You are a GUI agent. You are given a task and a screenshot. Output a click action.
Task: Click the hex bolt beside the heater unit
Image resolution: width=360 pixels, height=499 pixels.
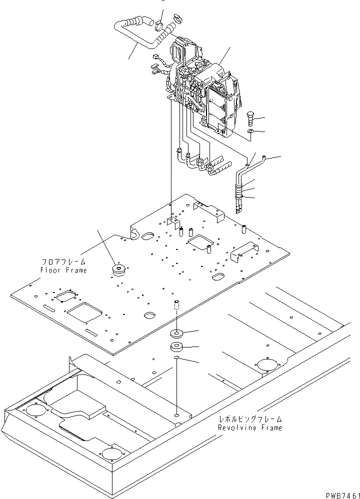coord(252,118)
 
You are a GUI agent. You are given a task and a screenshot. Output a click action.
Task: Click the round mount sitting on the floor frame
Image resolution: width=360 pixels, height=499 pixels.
coord(119,270)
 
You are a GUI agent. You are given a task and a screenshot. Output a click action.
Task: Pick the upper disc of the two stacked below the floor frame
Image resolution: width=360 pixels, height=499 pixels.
coord(177,333)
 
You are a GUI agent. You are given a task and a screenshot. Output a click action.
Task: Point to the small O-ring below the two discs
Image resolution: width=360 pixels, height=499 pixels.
coord(177,358)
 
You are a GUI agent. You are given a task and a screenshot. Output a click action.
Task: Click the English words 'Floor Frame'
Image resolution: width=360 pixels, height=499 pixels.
coord(63,270)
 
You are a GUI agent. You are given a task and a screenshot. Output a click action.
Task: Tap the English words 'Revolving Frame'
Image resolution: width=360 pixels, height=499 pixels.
coord(249,427)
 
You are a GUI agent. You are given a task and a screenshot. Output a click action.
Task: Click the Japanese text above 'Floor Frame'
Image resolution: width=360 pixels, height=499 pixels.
coord(63,262)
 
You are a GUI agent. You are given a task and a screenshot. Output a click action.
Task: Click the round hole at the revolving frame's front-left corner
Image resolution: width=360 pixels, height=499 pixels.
coord(35,410)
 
